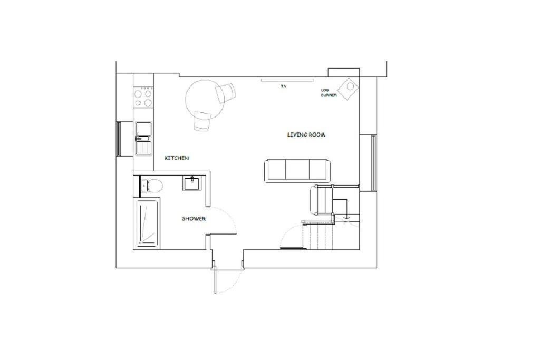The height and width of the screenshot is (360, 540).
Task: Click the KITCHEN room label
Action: coord(177,158)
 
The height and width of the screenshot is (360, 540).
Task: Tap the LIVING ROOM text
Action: coord(306,134)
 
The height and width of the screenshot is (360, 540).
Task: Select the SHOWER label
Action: coord(194,219)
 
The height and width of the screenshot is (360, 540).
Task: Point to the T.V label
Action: coord(283,86)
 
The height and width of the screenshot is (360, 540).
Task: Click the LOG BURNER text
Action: coord(329,93)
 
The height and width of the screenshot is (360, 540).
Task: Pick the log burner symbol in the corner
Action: coord(348,89)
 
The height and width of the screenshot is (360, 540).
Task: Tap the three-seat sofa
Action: coord(297,170)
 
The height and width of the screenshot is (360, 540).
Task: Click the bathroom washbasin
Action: coord(192,183)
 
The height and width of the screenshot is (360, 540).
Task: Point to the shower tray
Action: coord(147,223)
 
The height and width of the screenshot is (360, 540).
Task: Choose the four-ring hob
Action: coord(143,98)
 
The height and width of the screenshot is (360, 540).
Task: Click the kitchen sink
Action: coord(143,138)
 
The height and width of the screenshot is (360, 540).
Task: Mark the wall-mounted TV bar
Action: coord(287,80)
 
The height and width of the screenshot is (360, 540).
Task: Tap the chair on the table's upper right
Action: coord(226,92)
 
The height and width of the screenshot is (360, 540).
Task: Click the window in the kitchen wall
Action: coord(119,139)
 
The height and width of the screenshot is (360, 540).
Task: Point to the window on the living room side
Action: coord(373,163)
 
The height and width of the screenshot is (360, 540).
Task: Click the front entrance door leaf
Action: coord(215,279)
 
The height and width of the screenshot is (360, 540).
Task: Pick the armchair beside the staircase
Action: coord(321,200)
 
